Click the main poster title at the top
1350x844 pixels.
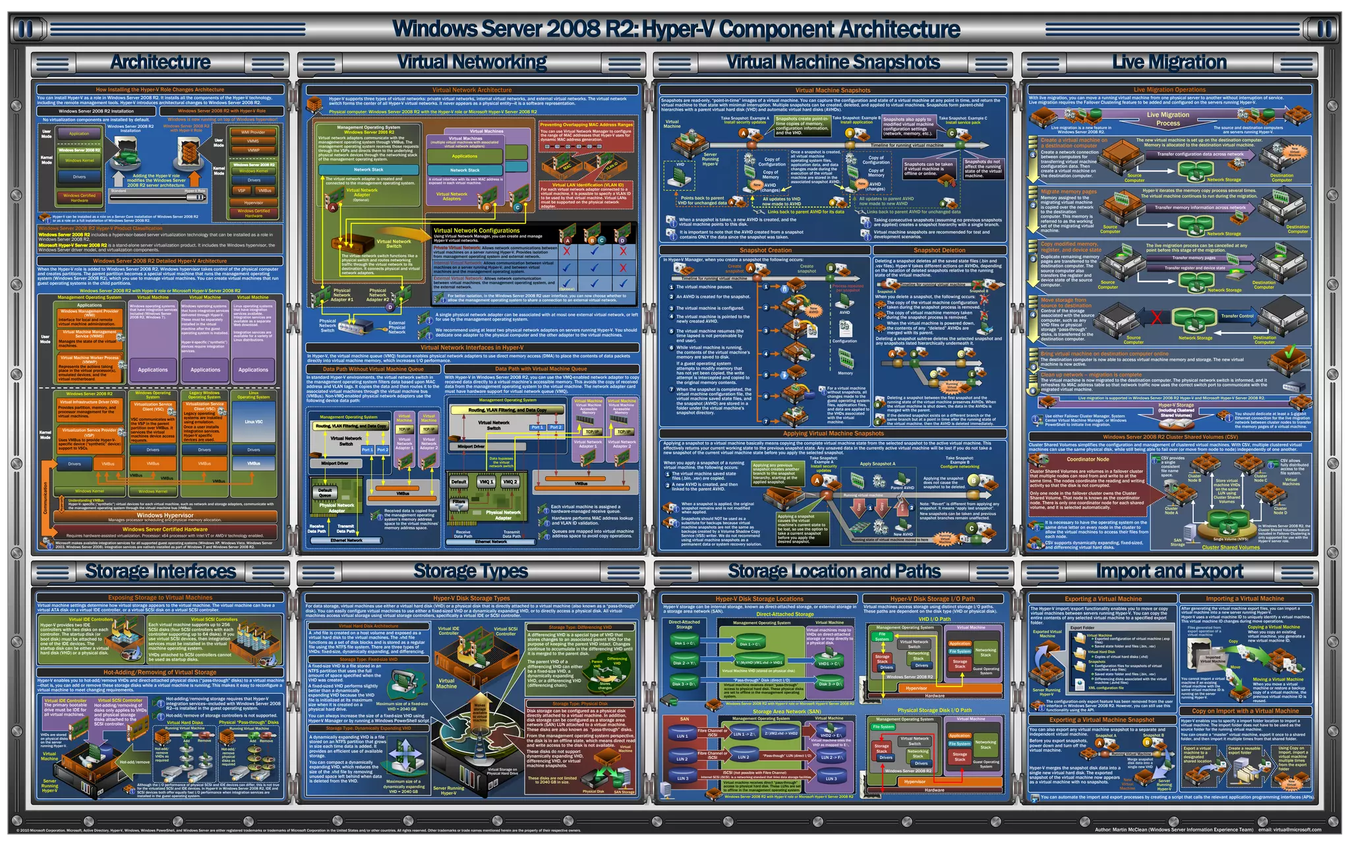pos(675,29)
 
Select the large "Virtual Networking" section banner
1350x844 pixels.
pos(472,63)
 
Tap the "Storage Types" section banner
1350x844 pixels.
pos(471,571)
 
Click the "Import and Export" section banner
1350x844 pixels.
pos(1169,571)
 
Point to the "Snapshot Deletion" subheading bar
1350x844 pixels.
pos(939,251)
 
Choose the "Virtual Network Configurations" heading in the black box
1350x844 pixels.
pos(477,231)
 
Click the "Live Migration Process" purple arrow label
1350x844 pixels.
pos(1167,119)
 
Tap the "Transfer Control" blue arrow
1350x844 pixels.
pos(1237,316)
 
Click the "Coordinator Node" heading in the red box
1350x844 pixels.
pos(1088,460)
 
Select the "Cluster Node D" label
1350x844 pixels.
pos(1279,510)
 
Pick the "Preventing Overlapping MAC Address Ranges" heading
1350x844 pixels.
pos(586,125)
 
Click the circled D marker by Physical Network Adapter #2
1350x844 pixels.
pos(390,307)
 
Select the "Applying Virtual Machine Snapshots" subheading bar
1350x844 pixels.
pos(833,434)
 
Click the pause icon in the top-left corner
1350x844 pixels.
pos(26,29)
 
